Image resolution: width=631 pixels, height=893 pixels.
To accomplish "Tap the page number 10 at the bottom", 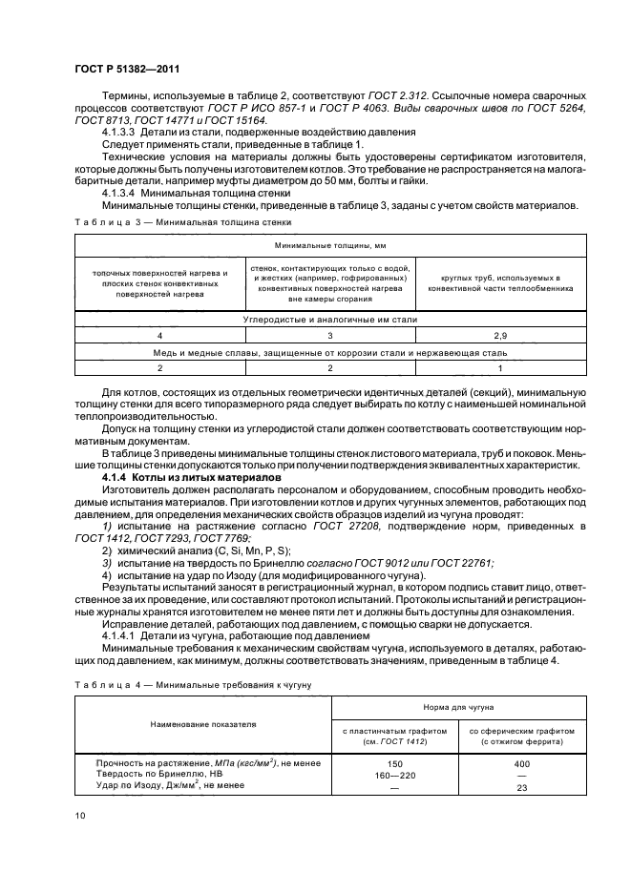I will [x=79, y=814].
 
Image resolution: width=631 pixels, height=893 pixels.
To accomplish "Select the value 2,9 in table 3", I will [x=500, y=336].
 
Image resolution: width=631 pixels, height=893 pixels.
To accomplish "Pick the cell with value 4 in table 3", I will [x=159, y=336].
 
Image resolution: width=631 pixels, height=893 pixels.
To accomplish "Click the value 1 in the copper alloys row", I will [x=500, y=366].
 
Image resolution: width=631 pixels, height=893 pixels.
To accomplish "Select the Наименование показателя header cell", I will [x=202, y=724].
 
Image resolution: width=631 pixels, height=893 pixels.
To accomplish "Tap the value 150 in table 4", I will [x=393, y=763].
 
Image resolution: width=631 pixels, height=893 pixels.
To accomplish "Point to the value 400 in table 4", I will [x=522, y=763].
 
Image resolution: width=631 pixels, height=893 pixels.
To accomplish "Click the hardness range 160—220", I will [x=393, y=775].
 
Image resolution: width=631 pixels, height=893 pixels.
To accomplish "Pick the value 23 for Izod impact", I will [x=522, y=787].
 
